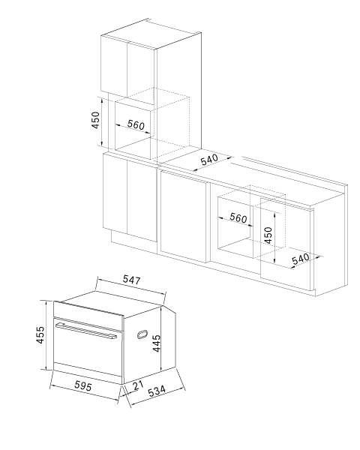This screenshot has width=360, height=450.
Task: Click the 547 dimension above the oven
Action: coord(132,280)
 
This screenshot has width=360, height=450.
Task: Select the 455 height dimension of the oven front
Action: coord(40,334)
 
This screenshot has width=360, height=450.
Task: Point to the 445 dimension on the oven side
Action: coord(157,343)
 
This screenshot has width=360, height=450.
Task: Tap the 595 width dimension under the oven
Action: coord(83,385)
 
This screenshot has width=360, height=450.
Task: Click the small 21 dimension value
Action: coord(138,385)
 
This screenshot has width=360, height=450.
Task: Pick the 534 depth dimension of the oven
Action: coord(157,391)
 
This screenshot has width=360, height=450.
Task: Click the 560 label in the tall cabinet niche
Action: coord(136,124)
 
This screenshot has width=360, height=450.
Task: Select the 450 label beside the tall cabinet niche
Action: coord(95,120)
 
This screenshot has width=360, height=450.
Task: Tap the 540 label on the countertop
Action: coord(209,160)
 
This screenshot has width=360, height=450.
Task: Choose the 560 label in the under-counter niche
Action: coord(238,217)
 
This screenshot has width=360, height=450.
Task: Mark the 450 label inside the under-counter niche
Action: coord(268,235)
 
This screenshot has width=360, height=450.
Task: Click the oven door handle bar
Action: coord(86,331)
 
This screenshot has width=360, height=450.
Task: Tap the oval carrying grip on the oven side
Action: coord(142,334)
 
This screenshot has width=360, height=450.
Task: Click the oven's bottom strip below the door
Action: coord(88,373)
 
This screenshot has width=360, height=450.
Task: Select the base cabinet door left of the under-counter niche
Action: coord(184,217)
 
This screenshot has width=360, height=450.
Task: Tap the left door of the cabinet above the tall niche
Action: coord(114,67)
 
